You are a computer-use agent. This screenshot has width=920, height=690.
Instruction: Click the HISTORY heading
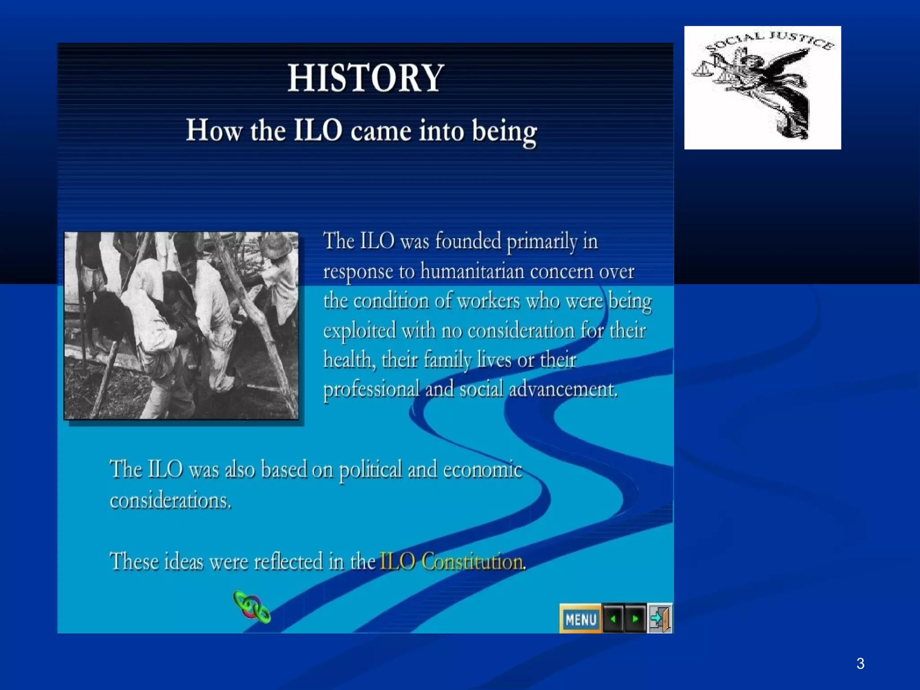tap(366, 78)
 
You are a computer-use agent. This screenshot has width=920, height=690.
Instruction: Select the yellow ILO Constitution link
tap(452, 562)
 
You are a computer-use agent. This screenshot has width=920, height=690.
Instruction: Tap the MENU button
tap(580, 619)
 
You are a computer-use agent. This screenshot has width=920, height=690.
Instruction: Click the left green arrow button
tap(613, 619)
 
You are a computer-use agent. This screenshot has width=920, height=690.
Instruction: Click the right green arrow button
tap(635, 619)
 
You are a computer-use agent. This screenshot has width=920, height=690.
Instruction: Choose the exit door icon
tap(659, 619)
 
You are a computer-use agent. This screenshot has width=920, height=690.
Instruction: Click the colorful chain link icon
tap(252, 607)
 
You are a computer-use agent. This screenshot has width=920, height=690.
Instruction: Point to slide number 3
tap(860, 663)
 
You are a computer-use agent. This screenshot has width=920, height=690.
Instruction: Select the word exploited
tap(359, 331)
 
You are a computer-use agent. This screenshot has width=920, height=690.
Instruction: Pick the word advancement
tap(563, 389)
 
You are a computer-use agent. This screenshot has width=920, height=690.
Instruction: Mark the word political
tap(370, 470)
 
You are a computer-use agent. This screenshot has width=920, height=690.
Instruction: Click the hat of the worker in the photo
tap(278, 245)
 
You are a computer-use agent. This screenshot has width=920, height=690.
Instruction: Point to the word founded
tap(468, 241)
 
